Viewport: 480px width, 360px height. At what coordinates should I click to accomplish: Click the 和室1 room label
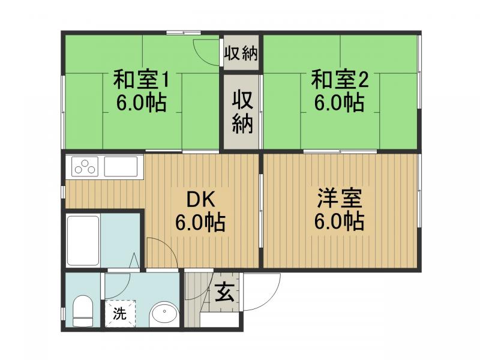pos(142,79)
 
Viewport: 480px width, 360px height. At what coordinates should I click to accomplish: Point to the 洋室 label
pos(340,198)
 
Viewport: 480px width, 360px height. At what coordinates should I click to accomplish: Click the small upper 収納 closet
pos(241,53)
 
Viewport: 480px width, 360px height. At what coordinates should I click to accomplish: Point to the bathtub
pos(83,240)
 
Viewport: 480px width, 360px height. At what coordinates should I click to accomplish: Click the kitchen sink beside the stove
pos(123,166)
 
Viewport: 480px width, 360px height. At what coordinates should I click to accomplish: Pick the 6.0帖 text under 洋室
pos(340,222)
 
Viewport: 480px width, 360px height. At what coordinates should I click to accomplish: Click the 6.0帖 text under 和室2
pos(340,103)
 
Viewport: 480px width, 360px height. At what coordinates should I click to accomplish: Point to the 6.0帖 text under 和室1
pos(142,103)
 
